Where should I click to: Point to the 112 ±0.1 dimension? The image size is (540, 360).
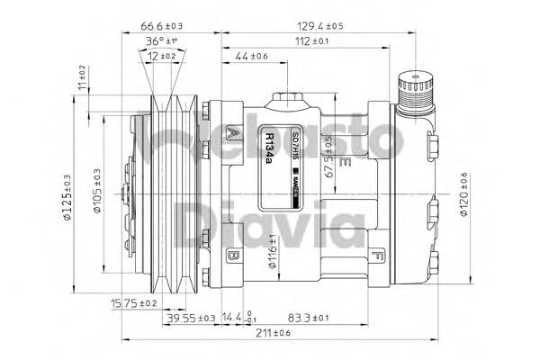pos(310,41)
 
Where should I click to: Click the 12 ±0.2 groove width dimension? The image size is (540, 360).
pos(162,56)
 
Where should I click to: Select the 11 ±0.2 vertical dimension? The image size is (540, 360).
pos(82,79)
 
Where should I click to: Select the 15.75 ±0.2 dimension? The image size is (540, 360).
pos(134,303)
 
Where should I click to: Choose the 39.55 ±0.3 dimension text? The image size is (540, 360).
pos(190,318)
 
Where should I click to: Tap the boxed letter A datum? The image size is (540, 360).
pos(234,133)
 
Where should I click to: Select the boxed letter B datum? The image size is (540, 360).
pos(232,256)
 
